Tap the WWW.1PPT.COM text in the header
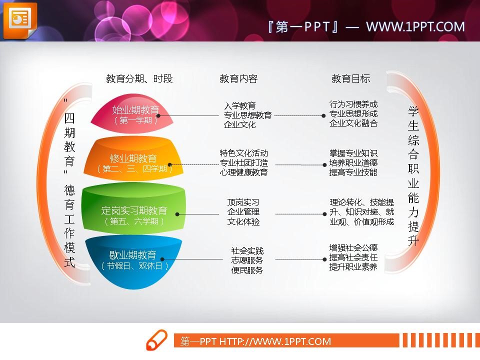(x=415, y=26)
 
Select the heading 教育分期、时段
(x=139, y=78)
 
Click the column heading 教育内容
(x=238, y=78)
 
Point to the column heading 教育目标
(x=351, y=78)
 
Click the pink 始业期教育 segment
(x=132, y=113)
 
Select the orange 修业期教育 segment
(x=133, y=160)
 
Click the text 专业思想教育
(x=247, y=115)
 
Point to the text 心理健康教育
(x=243, y=172)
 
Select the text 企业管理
(x=243, y=212)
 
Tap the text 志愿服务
(x=247, y=260)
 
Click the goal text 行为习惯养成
(x=353, y=104)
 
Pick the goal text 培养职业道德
(x=353, y=162)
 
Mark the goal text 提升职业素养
(x=353, y=267)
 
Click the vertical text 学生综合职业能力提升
(x=413, y=175)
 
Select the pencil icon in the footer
(x=156, y=340)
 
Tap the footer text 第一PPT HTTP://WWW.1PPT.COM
(x=255, y=341)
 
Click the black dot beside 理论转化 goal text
(x=324, y=214)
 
